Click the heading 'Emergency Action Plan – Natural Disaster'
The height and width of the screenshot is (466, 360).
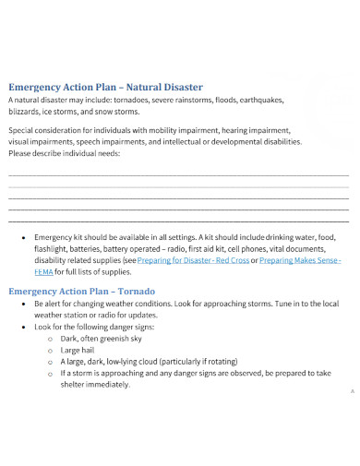point(105,87)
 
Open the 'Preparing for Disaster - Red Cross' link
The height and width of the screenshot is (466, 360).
point(193,261)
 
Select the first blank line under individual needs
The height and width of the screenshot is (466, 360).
point(178,174)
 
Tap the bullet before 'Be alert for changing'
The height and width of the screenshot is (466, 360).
point(22,304)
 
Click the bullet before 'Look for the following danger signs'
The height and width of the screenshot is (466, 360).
point(22,328)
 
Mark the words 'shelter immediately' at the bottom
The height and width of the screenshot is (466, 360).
point(96,385)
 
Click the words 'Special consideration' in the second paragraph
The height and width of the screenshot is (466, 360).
point(43,130)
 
